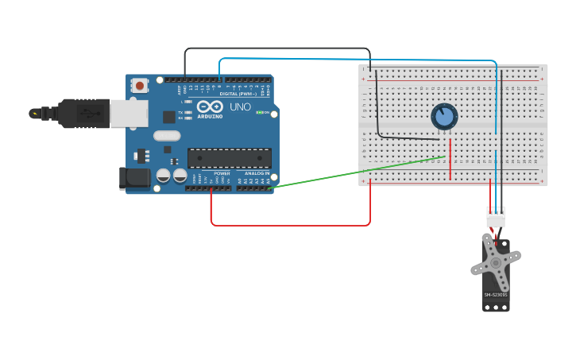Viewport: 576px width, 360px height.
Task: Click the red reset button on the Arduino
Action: (x=140, y=85)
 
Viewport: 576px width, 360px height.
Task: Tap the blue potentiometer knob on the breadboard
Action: (x=444, y=117)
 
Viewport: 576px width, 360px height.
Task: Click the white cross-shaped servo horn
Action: (x=496, y=262)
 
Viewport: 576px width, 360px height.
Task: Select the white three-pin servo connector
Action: (x=496, y=216)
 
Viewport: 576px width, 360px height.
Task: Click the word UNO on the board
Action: (x=240, y=106)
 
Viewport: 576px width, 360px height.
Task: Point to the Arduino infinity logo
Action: (x=211, y=106)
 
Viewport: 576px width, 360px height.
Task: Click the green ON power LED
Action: (x=260, y=112)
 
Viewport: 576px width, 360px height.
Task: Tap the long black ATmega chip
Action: (x=229, y=158)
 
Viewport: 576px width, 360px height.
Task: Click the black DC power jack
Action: (x=133, y=178)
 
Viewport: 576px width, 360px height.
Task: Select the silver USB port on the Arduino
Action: (x=128, y=114)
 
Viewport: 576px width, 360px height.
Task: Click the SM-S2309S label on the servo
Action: (x=496, y=295)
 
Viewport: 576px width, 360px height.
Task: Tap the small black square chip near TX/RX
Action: (x=169, y=117)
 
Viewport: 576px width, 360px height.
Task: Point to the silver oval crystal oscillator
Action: (x=167, y=136)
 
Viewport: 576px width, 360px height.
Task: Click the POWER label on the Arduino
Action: (x=222, y=173)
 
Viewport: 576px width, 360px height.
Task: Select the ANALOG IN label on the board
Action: (x=256, y=173)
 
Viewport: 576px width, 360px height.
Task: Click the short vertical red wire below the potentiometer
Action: (x=450, y=160)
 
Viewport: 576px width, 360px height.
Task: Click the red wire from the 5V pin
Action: (x=290, y=225)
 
